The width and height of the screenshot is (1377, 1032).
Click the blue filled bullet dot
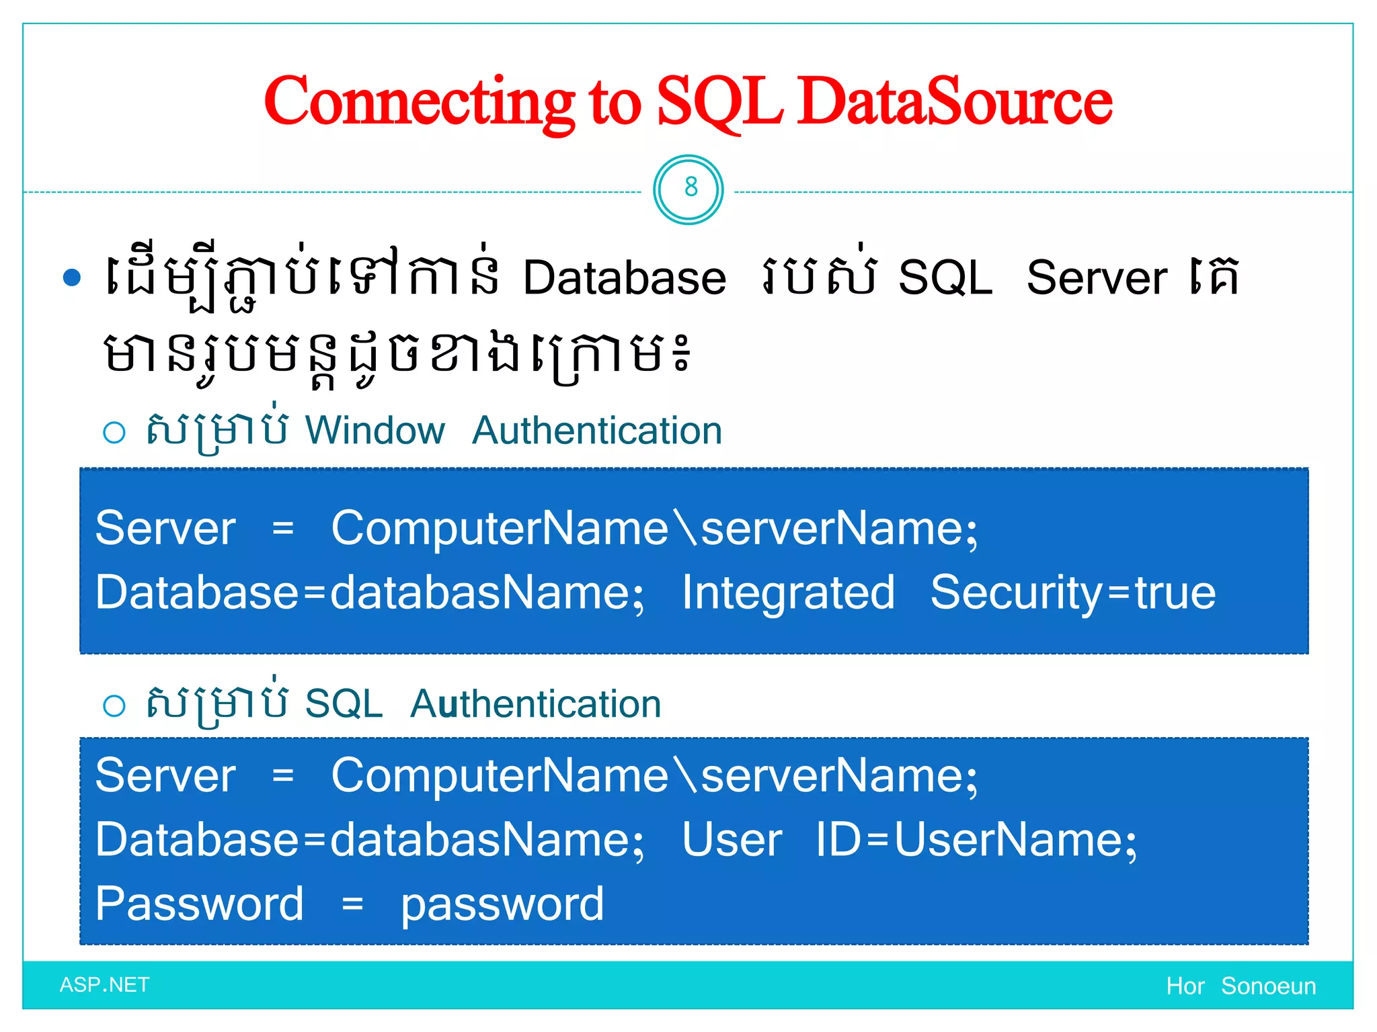[72, 277]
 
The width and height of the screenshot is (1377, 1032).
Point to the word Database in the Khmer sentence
[625, 277]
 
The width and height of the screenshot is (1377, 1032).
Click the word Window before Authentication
[375, 430]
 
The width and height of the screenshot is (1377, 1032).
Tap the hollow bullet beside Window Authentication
[114, 432]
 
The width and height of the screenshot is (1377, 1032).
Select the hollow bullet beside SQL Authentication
[114, 705]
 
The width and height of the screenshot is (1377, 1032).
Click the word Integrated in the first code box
[788, 593]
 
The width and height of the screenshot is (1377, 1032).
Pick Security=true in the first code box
[1073, 593]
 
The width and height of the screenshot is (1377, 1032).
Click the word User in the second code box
[732, 840]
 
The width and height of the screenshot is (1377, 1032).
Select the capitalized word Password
[200, 904]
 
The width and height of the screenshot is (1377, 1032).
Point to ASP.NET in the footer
[105, 985]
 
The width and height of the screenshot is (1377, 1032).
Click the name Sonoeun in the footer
[1268, 986]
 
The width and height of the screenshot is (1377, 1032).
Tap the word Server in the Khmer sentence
[1097, 277]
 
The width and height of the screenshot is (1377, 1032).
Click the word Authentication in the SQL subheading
[536, 704]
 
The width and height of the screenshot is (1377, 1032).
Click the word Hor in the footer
[1185, 986]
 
